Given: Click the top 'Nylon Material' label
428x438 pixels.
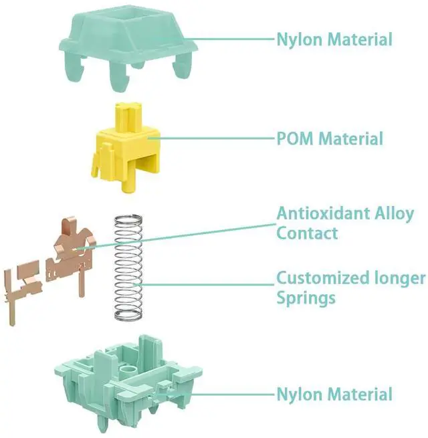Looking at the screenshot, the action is (x=334, y=39).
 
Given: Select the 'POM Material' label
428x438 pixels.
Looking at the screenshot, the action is (x=330, y=139).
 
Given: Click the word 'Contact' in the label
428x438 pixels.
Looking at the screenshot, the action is (x=307, y=233).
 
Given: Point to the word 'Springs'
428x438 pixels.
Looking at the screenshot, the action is (x=306, y=297).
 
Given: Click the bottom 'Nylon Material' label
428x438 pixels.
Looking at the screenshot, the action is (x=334, y=394).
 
